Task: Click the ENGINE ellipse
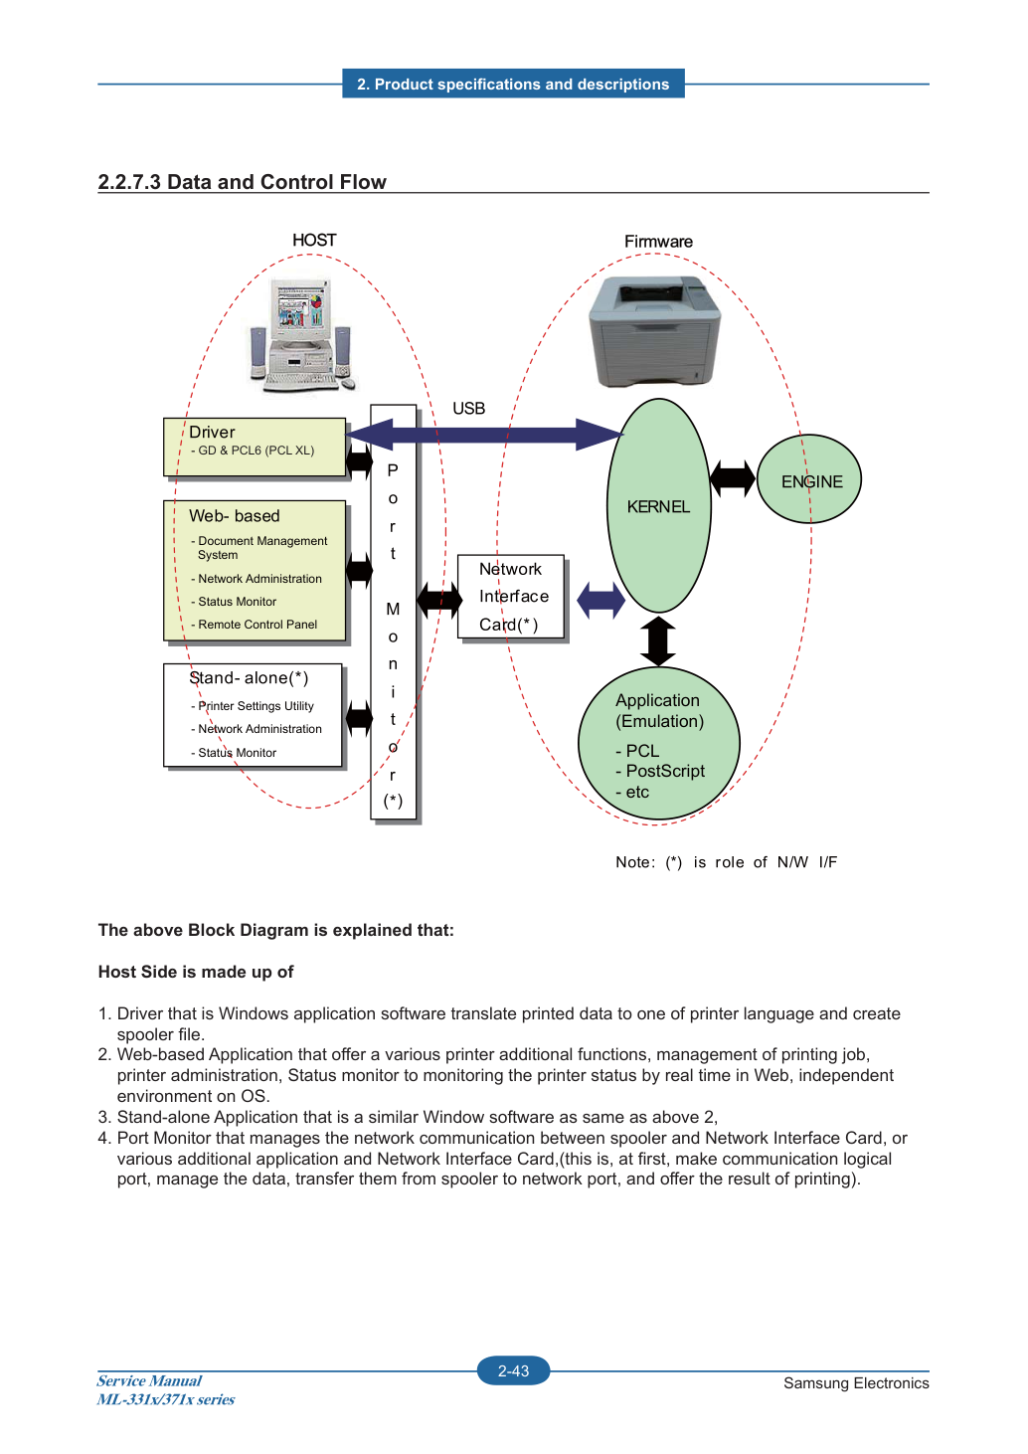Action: (x=808, y=479)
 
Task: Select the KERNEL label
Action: (x=658, y=506)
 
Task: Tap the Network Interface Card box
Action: (x=511, y=597)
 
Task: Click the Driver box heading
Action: (x=212, y=432)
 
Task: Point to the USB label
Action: (x=468, y=409)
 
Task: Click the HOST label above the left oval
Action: (x=314, y=240)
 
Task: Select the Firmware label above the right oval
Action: (x=658, y=242)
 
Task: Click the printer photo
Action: (x=654, y=331)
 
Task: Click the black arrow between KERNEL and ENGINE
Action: (x=734, y=478)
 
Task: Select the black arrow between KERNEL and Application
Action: (x=658, y=641)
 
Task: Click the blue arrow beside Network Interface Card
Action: (x=600, y=600)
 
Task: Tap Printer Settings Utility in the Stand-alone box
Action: (x=253, y=705)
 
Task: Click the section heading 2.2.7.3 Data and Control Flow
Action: (x=242, y=182)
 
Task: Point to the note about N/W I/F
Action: (x=726, y=862)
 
